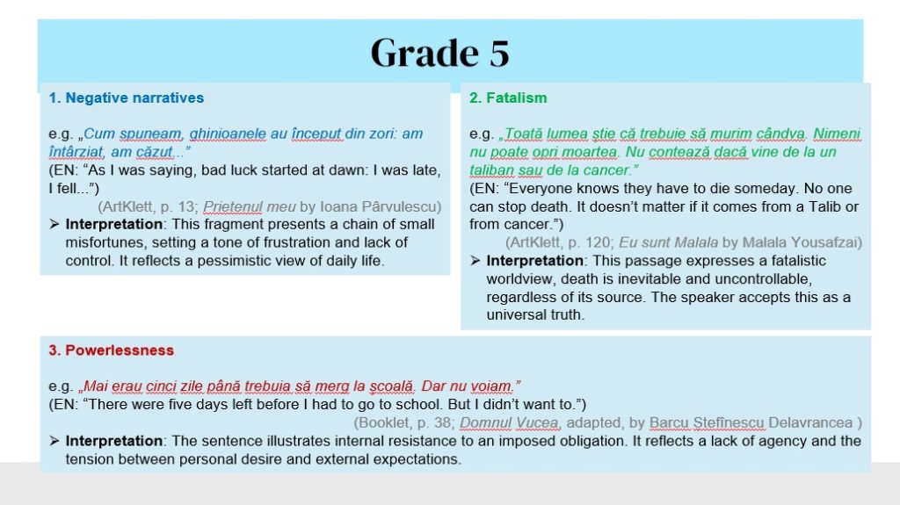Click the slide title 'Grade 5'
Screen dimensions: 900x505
point(440,53)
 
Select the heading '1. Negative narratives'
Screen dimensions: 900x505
point(127,97)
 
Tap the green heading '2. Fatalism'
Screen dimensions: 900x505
point(508,97)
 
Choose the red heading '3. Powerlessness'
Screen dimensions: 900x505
point(112,350)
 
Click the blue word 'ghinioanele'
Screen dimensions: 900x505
point(228,133)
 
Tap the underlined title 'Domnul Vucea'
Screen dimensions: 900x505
point(509,423)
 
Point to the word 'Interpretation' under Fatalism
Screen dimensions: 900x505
point(534,261)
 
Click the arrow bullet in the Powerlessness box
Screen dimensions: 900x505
point(54,441)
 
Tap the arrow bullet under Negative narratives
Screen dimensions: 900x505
point(54,224)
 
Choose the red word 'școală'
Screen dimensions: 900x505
point(391,386)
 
